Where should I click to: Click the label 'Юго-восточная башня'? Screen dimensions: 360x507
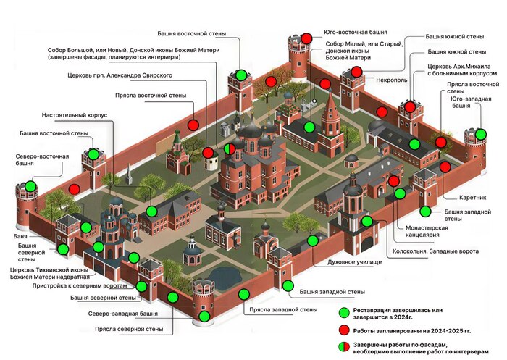point(356,33)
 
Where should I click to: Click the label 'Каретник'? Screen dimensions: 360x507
point(472,198)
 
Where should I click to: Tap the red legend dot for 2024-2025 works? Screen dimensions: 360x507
point(344,331)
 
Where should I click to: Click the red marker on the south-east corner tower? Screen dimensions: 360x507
point(307,38)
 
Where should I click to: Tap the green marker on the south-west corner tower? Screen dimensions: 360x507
point(481,134)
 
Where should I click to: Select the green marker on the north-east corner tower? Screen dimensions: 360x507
point(30,186)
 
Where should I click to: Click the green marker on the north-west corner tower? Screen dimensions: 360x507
point(205,315)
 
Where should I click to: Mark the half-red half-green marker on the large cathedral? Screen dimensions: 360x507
point(230,149)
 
